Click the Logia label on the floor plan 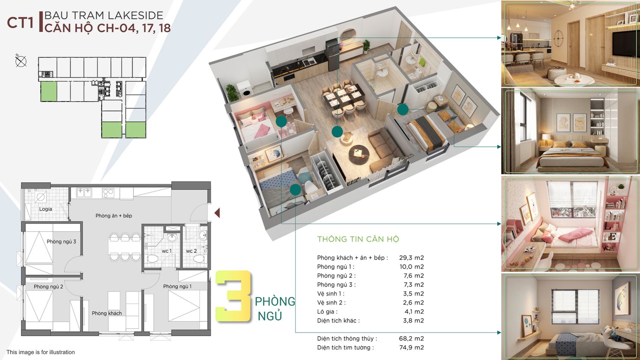click(x=45, y=209)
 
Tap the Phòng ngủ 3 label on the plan click(x=61, y=241)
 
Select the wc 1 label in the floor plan click(x=167, y=251)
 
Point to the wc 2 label click(x=191, y=251)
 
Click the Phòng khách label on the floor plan click(x=107, y=313)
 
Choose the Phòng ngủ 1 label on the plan click(x=177, y=286)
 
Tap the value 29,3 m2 click(x=412, y=257)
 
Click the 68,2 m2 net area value click(x=412, y=338)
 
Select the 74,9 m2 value click(x=412, y=347)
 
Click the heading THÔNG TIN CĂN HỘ click(x=358, y=239)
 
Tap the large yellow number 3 click(x=233, y=296)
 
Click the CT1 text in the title click(x=20, y=23)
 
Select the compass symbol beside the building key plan click(x=21, y=61)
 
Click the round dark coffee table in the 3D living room click(x=359, y=155)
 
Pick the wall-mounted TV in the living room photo click(x=623, y=44)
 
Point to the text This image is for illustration click(x=41, y=352)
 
